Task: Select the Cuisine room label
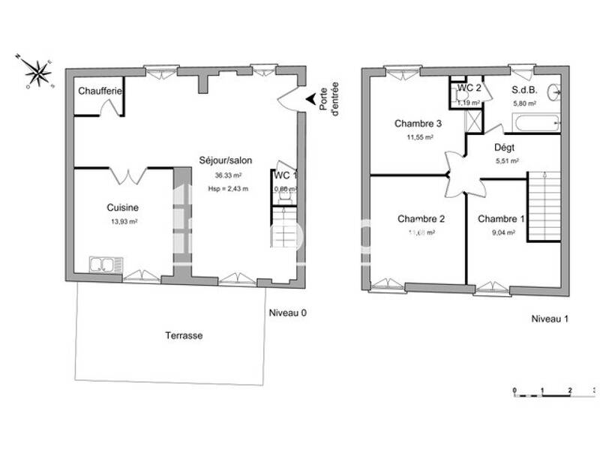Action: pos(122,208)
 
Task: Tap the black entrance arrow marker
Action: pos(309,100)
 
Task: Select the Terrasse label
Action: pos(184,336)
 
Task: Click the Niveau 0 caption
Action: pos(287,313)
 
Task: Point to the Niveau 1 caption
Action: pos(550,319)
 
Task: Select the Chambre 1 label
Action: pos(501,219)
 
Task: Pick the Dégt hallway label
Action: pos(504,148)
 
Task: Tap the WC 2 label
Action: pos(469,88)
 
